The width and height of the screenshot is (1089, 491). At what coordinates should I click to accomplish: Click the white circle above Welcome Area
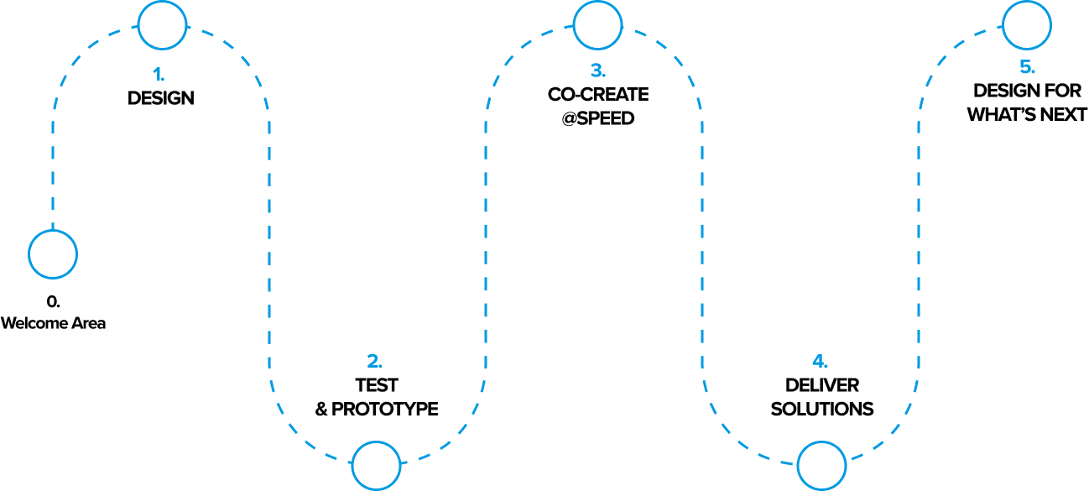click(53, 253)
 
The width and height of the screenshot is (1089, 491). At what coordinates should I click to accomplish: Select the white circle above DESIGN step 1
click(162, 24)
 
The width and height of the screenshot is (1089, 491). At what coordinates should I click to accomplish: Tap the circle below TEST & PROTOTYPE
click(376, 466)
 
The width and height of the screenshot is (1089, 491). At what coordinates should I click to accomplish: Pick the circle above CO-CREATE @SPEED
click(597, 24)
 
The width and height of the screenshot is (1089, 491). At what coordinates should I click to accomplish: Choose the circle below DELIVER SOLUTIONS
click(821, 466)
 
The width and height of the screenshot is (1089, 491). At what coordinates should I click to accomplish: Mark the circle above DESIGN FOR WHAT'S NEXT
click(1027, 24)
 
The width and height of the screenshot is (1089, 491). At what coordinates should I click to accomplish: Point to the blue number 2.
click(375, 362)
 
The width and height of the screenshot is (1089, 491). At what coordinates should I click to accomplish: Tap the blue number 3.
click(597, 71)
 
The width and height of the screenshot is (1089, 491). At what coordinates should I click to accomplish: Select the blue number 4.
click(821, 362)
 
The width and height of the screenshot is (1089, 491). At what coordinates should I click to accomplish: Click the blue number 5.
click(1027, 67)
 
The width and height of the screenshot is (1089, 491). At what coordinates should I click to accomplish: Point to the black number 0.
click(53, 300)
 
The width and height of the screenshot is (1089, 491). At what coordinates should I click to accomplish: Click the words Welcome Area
click(53, 323)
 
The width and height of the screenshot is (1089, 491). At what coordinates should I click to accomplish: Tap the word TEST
click(376, 385)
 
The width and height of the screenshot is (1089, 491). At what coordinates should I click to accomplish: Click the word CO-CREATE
click(598, 94)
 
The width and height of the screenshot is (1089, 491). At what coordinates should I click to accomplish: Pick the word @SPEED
click(598, 118)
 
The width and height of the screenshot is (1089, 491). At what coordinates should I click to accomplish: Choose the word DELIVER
click(822, 385)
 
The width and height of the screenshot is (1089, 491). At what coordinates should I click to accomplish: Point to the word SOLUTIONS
click(822, 410)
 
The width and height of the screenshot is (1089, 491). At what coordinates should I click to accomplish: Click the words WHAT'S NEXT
click(1027, 114)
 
